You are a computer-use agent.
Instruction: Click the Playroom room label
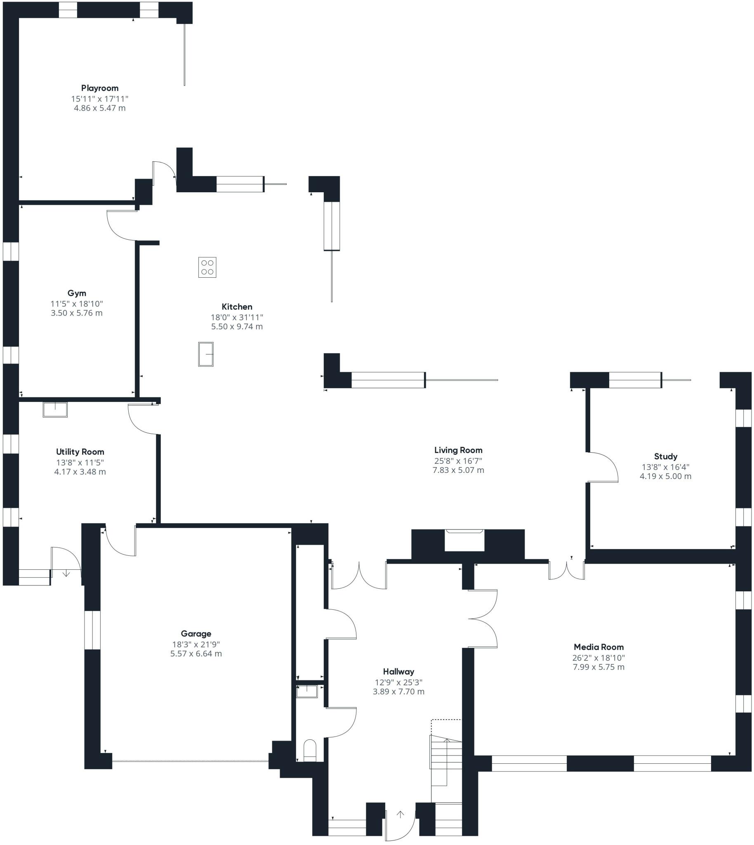[x=100, y=88]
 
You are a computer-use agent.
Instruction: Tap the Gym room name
[x=77, y=293]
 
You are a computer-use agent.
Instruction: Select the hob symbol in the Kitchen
[x=207, y=267]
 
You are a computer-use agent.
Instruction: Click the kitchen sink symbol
[x=206, y=354]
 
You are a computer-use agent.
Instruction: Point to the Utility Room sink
[x=55, y=409]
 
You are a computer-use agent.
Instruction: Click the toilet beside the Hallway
[x=310, y=751]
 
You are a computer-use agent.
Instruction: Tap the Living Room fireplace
[x=464, y=541]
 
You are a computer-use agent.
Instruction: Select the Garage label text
[x=196, y=634]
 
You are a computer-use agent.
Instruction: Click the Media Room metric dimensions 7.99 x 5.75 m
[x=598, y=667]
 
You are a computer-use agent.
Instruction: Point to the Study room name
[x=665, y=456]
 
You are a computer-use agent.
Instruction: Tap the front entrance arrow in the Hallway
[x=400, y=814]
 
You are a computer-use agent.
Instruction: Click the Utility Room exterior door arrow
[x=66, y=574]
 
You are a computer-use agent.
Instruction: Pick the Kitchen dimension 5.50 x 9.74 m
[x=237, y=326]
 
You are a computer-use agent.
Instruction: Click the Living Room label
[x=458, y=450]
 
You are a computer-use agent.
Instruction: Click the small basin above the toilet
[x=307, y=691]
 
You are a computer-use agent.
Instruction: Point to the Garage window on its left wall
[x=92, y=630]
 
